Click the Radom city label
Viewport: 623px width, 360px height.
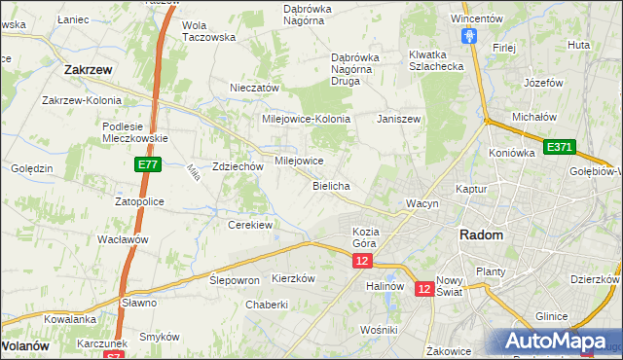[482, 235]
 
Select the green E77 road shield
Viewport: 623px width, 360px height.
[148, 166]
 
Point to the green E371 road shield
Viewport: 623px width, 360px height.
[560, 147]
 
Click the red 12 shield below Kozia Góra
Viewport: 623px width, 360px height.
[362, 262]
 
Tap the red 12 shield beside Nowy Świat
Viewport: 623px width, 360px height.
[424, 289]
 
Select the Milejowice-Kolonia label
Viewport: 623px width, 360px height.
[306, 118]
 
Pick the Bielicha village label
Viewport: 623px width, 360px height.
[331, 185]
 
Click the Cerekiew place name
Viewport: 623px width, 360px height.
[249, 225]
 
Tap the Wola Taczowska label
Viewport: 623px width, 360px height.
[209, 31]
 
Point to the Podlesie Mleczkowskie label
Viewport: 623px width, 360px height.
[136, 131]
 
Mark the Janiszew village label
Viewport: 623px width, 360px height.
[398, 118]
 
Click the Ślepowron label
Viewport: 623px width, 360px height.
[235, 279]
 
